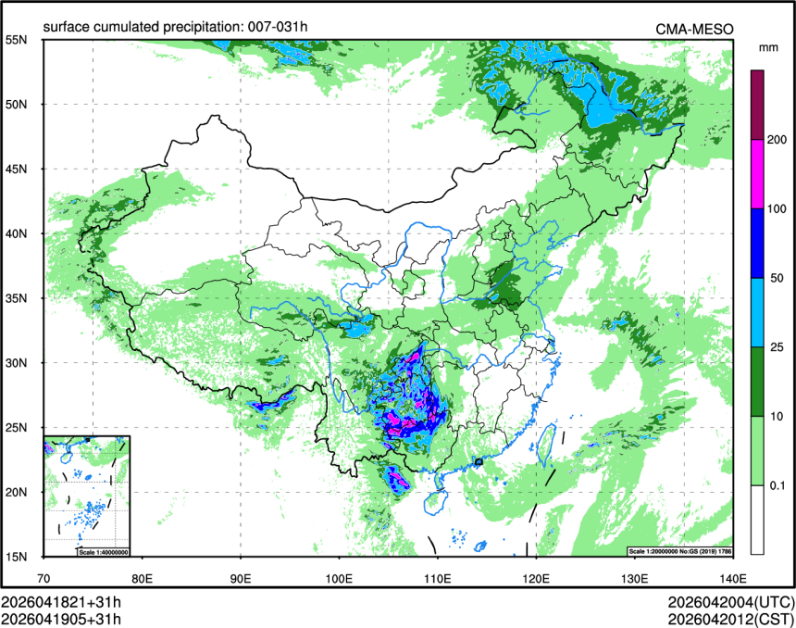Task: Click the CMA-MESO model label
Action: (694, 29)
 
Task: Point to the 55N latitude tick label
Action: (16, 40)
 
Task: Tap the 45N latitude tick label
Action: (16, 169)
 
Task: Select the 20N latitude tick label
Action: (16, 492)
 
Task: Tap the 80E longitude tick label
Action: (143, 579)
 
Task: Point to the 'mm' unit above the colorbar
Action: (767, 45)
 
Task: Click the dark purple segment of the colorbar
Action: (757, 105)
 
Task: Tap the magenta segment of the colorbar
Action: (757, 174)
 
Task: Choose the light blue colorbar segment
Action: (757, 312)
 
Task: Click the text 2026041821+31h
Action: (61, 602)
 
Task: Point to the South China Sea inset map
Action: (87, 495)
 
